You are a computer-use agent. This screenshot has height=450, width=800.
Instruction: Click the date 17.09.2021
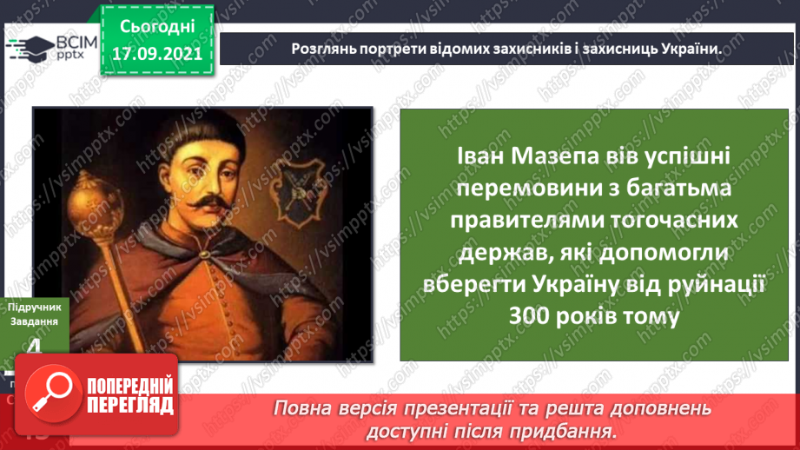coord(156,52)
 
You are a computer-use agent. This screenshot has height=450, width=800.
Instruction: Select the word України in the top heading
coord(686,48)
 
